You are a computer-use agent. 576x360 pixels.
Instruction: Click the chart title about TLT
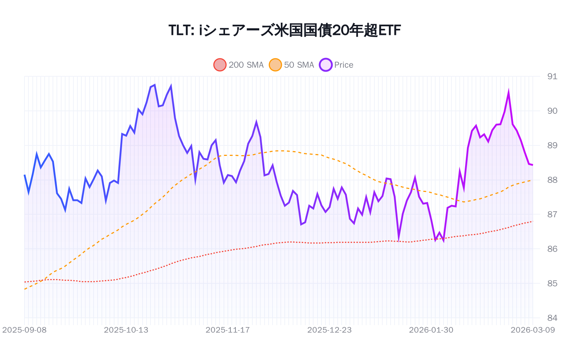[284, 30]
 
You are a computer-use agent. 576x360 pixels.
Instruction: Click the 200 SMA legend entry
[239, 65]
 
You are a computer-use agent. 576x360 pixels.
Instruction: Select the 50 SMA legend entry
[292, 65]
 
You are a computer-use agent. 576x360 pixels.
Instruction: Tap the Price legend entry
[337, 65]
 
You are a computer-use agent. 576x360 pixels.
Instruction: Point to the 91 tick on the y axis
[552, 76]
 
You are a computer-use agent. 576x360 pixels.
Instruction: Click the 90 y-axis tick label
[552, 111]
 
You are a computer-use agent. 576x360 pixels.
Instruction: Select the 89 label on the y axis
[552, 145]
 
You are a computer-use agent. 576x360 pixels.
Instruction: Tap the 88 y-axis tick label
[552, 180]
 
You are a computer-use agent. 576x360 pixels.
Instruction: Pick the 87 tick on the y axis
[552, 215]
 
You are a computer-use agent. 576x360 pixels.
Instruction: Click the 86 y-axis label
[552, 249]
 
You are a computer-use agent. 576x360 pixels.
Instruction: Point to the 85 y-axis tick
[552, 283]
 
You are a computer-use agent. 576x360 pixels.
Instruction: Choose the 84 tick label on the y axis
[552, 318]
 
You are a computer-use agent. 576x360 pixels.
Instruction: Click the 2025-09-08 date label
[24, 330]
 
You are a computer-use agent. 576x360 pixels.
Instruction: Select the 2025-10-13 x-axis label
[126, 330]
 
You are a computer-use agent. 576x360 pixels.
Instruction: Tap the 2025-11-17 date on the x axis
[228, 330]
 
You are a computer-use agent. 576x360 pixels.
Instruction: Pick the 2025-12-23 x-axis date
[329, 330]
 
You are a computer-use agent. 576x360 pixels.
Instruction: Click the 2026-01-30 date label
[431, 330]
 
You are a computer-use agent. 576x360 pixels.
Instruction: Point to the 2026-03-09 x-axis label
[532, 330]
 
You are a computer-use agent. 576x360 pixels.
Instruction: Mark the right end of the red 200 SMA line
[532, 221]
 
